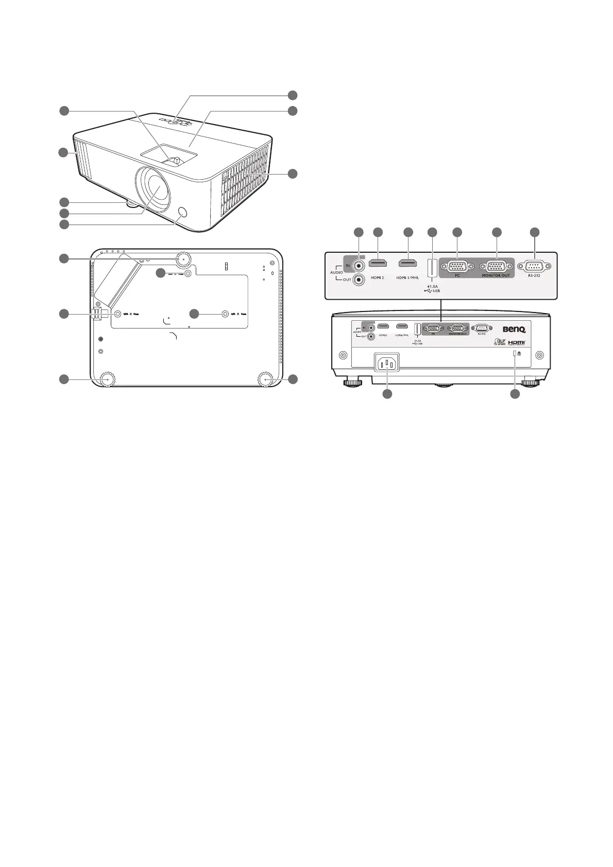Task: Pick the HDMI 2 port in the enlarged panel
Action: point(379,264)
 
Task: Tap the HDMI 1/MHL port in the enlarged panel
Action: point(408,264)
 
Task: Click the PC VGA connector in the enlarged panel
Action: point(456,267)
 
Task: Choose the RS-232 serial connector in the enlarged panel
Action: point(535,266)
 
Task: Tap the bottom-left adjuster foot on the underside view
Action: point(107,378)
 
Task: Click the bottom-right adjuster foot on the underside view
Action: point(266,378)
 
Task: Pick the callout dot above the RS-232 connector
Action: point(535,233)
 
